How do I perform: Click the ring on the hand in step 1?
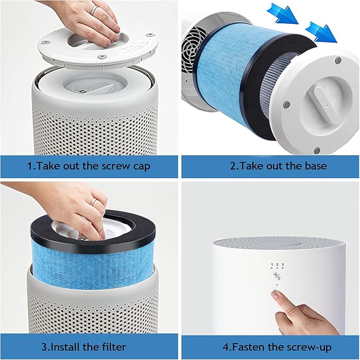(x=93, y=10)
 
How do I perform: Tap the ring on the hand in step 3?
(x=92, y=201)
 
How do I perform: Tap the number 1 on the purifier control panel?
(x=272, y=264)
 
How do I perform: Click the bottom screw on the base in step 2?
(x=317, y=151)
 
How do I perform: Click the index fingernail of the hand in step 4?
(x=276, y=295)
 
